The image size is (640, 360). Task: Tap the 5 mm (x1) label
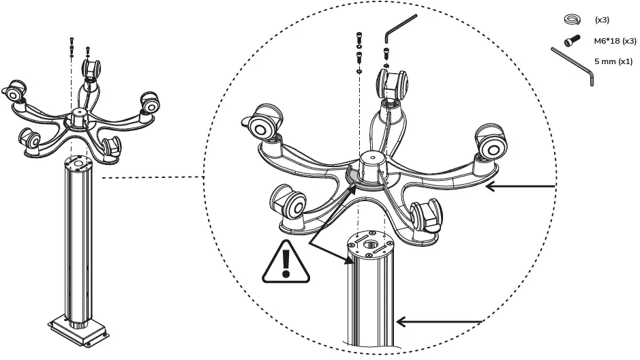[613, 61]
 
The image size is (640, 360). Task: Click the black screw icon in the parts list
[572, 40]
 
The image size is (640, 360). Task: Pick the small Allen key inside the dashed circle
[397, 27]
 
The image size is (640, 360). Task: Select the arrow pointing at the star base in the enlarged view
[521, 186]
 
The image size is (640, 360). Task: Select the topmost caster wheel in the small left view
[91, 68]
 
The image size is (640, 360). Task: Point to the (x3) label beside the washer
[602, 20]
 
